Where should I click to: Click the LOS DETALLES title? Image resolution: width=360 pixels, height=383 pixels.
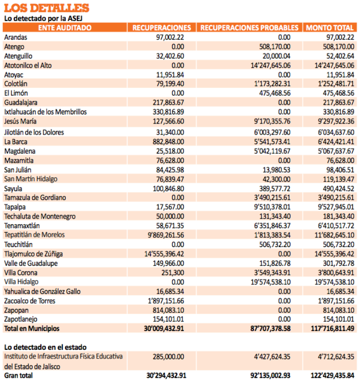click(47, 8)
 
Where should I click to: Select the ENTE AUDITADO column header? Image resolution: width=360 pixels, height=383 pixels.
click(65, 27)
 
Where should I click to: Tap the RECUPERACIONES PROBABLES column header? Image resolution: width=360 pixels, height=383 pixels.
click(249, 27)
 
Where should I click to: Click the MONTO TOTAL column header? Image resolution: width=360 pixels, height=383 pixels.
click(330, 27)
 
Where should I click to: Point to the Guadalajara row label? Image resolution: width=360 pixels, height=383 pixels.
click(21, 102)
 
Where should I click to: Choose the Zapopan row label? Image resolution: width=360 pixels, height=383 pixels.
click(16, 310)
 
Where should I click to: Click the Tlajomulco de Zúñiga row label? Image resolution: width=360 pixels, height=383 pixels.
click(34, 254)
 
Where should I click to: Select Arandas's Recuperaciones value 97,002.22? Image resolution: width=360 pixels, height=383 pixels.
click(170, 37)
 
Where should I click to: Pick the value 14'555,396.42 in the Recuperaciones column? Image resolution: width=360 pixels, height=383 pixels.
click(164, 254)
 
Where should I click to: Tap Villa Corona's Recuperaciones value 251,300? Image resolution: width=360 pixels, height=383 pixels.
click(172, 273)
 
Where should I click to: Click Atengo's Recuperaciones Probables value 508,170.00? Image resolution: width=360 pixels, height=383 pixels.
click(275, 47)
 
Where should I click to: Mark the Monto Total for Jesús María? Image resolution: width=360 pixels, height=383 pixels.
click(336, 122)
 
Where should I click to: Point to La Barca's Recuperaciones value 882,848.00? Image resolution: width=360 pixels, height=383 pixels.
click(168, 142)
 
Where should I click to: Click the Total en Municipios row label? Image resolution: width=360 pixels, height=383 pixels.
click(32, 329)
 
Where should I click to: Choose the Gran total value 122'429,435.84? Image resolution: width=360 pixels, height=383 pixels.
click(333, 376)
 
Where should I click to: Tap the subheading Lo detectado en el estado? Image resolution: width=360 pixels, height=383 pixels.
click(46, 347)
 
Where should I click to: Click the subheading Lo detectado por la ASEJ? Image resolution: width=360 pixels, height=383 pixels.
click(43, 19)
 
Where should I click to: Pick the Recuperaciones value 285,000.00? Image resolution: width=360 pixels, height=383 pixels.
click(168, 357)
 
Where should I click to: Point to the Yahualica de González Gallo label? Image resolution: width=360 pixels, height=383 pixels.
click(42, 292)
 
